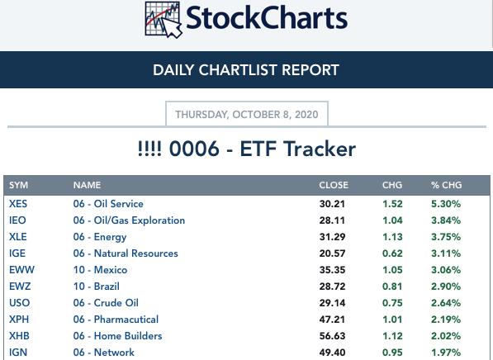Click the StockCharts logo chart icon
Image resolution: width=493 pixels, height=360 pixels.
click(x=164, y=20)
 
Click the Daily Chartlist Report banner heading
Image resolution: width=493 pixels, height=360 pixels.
click(x=246, y=70)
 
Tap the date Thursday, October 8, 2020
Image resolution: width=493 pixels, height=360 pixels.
click(x=247, y=115)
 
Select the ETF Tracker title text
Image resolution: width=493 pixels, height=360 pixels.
click(x=246, y=149)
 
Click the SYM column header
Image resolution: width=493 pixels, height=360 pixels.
click(x=18, y=185)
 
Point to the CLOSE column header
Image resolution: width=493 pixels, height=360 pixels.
click(x=334, y=185)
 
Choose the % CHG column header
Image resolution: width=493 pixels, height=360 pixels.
click(x=447, y=185)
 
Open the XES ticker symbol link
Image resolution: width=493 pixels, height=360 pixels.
click(x=18, y=204)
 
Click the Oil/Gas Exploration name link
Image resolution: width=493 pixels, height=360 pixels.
click(x=129, y=220)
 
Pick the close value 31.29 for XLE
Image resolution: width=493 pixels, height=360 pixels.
click(x=332, y=237)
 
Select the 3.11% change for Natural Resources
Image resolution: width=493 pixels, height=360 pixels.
click(x=446, y=253)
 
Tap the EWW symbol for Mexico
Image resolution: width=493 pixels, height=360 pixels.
click(x=21, y=270)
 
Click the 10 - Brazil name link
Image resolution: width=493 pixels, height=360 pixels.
click(x=97, y=287)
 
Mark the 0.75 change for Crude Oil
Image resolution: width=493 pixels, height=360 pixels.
click(x=392, y=303)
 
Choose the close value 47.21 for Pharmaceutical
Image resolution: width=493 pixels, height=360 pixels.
click(x=332, y=320)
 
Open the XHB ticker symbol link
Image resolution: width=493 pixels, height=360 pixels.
click(x=19, y=336)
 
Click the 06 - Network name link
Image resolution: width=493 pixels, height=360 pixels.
click(x=104, y=353)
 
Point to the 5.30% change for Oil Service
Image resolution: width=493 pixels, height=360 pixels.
click(x=446, y=204)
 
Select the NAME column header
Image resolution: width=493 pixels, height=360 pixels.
click(x=87, y=185)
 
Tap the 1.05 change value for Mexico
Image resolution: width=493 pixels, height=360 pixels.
click(x=392, y=270)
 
